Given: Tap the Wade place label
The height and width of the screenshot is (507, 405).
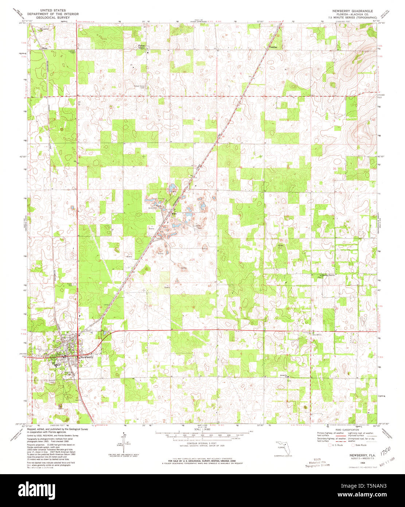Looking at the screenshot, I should [x=45, y=48].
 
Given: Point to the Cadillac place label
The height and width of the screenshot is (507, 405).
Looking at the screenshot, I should [x=273, y=47].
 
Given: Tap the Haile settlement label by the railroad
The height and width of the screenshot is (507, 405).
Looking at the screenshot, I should [x=174, y=214].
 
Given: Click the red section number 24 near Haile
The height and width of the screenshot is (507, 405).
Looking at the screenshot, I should [x=194, y=214].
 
